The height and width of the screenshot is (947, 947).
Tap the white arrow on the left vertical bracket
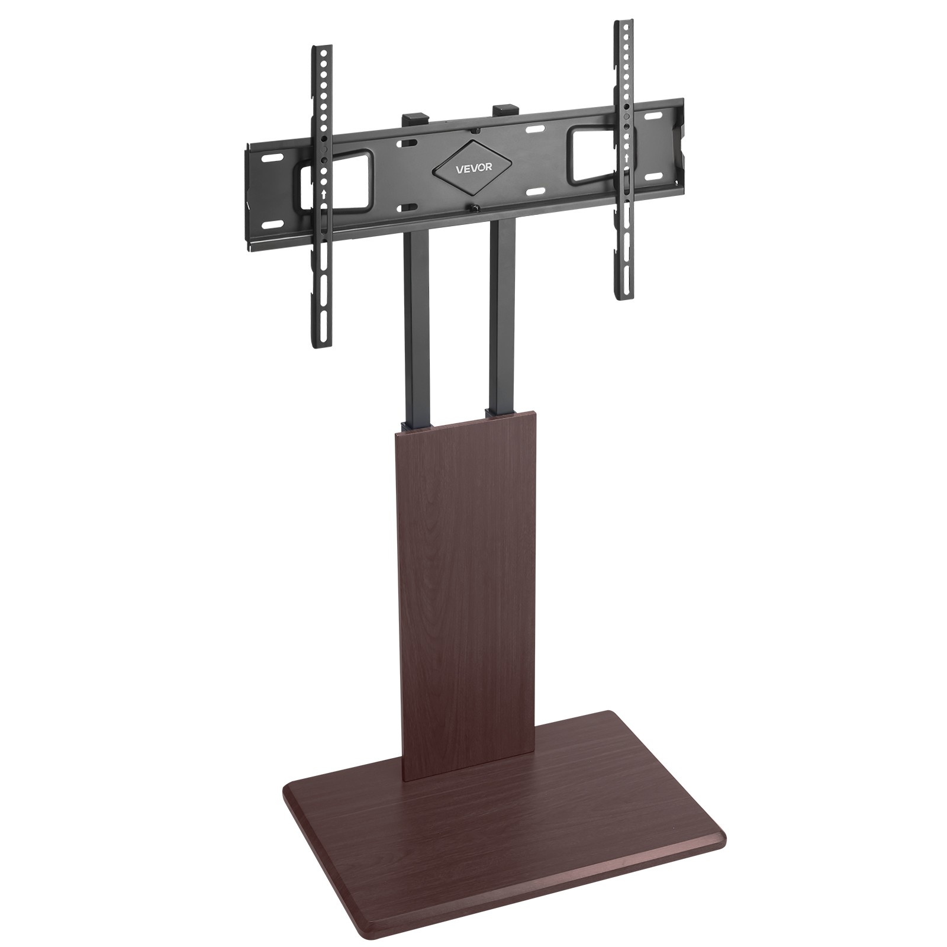[x=323, y=194]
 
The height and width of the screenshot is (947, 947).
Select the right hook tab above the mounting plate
[x=504, y=110]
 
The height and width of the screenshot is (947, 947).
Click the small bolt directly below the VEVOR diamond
[x=474, y=207]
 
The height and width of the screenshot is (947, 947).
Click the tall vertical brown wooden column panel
[x=465, y=568]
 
